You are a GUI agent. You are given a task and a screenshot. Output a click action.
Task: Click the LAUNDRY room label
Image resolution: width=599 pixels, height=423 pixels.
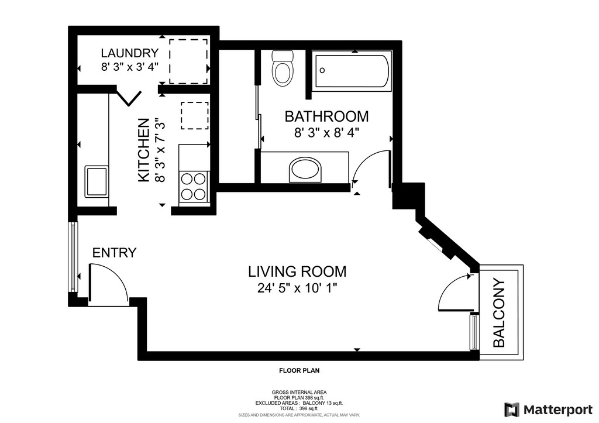click(129, 53)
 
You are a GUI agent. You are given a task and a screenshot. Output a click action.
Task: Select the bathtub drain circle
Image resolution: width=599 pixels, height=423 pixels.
click(322, 70)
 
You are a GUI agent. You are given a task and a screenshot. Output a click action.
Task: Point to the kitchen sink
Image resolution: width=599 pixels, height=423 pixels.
click(97, 181)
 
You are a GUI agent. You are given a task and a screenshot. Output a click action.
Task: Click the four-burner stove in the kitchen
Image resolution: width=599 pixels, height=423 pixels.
click(194, 187)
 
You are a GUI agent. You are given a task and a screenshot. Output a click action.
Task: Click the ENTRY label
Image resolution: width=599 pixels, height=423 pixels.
click(114, 253)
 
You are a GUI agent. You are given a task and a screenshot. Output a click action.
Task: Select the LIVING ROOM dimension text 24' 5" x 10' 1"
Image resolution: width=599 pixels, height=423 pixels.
click(297, 288)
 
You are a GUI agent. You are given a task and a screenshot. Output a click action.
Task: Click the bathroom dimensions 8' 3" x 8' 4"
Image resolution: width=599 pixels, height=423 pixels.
click(326, 133)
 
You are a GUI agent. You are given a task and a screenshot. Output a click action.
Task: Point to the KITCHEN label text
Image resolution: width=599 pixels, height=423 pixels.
click(143, 150)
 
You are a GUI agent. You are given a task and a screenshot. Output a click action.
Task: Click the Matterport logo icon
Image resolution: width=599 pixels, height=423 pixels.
click(511, 410)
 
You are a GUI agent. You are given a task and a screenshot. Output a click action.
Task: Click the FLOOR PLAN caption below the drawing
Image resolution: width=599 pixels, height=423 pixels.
click(299, 370)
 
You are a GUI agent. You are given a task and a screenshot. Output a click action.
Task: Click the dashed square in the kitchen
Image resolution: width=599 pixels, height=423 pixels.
click(195, 115)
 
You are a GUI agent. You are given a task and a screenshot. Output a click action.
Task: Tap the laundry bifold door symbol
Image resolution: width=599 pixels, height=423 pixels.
click(128, 97)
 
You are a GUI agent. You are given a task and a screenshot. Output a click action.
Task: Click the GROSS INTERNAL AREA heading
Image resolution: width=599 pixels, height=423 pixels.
click(299, 392)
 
